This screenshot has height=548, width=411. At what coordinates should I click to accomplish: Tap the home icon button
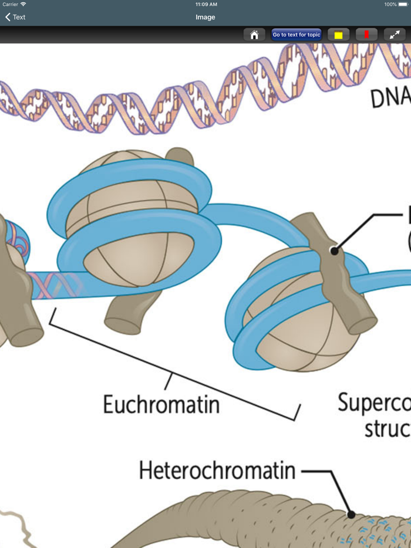[254, 35]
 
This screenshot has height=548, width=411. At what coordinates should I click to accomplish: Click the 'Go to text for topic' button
[297, 35]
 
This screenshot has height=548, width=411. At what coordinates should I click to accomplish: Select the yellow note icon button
[338, 35]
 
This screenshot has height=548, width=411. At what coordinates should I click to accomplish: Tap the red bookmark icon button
[366, 35]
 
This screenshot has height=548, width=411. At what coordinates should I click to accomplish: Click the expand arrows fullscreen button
[395, 35]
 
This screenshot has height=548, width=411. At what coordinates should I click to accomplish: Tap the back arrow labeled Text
[15, 17]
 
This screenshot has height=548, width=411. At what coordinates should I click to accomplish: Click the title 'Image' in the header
[206, 17]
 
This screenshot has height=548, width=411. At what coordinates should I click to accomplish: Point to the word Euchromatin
[161, 404]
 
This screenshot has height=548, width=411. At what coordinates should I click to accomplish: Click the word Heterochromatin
[217, 471]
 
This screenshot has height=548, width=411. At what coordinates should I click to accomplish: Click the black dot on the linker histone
[334, 251]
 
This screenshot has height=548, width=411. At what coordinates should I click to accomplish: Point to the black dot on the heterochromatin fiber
[351, 515]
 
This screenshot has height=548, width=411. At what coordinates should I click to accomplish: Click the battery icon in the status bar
[403, 4]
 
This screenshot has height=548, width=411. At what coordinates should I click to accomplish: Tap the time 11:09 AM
[206, 4]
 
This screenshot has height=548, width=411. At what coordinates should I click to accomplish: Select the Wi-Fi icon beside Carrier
[23, 4]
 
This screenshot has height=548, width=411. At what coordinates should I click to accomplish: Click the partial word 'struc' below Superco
[386, 428]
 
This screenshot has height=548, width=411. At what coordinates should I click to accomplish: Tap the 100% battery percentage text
[390, 4]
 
